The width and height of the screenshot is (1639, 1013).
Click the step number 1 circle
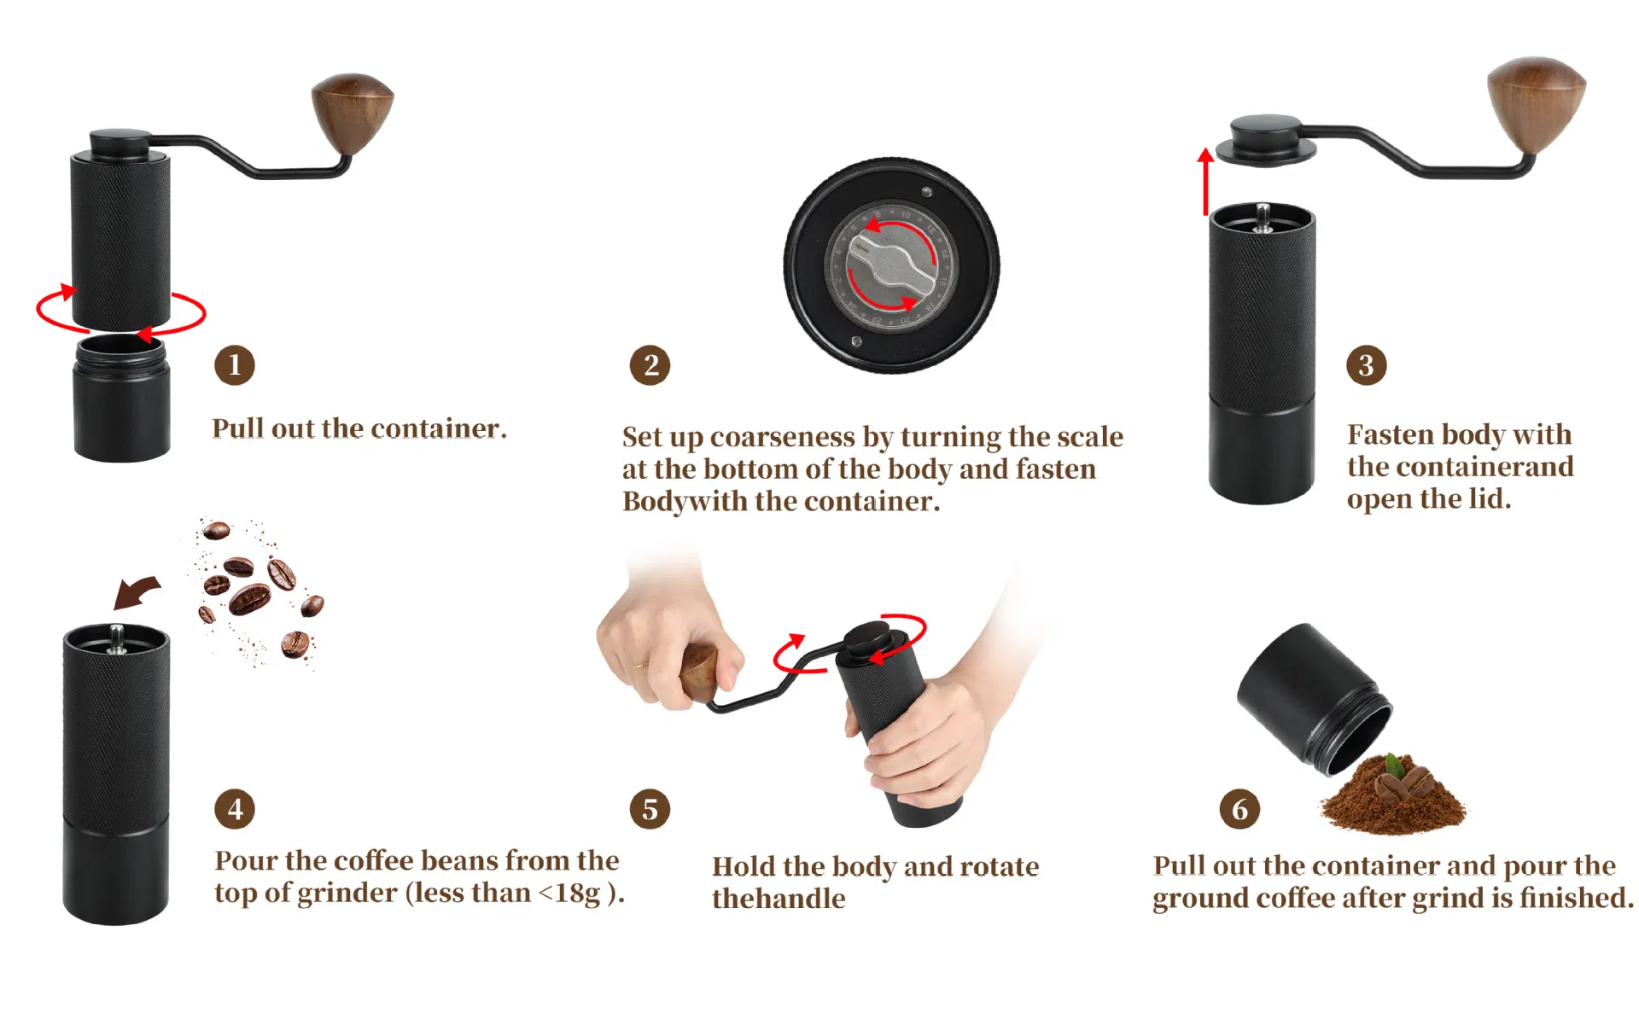pos(234,365)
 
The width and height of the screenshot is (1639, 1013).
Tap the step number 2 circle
pos(650,365)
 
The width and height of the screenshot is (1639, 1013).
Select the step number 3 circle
pos(1366,365)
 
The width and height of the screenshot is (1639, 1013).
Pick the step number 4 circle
pos(235,809)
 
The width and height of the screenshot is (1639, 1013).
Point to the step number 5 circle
pos(650,809)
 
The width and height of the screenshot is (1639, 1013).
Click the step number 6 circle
pos(1239,809)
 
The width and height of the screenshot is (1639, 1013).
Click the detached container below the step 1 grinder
pos(122,399)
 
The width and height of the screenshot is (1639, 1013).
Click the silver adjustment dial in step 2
pos(891,265)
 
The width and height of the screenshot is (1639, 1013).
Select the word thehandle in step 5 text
pos(779,899)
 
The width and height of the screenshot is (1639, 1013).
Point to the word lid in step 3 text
pos(1488,499)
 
